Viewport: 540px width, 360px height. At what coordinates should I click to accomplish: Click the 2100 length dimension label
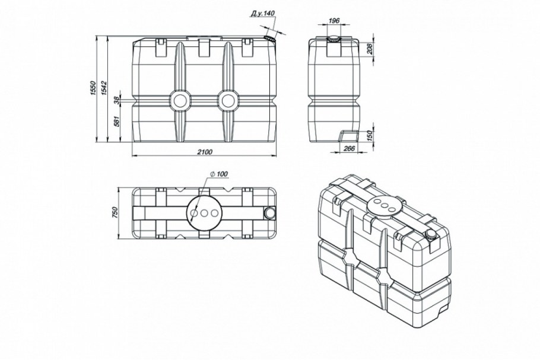tap(205, 152)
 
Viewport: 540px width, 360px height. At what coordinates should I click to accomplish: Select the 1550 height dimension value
tap(93, 89)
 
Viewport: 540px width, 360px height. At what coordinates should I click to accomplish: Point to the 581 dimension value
tap(116, 122)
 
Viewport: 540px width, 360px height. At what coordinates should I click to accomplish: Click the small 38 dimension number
tap(116, 100)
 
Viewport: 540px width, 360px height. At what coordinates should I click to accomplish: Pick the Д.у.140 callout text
tap(262, 14)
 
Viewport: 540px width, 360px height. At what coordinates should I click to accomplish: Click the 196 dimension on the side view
tap(333, 21)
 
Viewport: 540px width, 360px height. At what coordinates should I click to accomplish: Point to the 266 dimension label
tap(349, 148)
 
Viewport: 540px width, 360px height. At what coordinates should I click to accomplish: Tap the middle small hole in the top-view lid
tap(204, 214)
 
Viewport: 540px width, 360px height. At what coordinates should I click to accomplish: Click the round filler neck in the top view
tap(269, 213)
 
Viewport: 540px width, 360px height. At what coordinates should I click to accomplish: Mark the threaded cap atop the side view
tap(333, 39)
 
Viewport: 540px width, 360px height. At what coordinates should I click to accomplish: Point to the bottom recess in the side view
tap(348, 136)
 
